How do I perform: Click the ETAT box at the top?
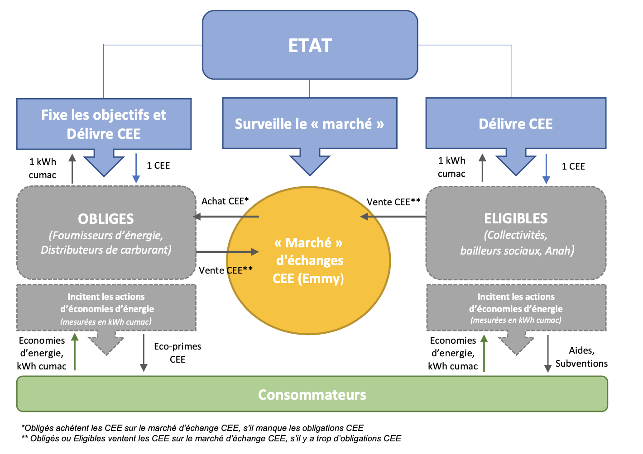[x=310, y=45]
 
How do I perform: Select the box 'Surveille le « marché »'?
[x=309, y=123]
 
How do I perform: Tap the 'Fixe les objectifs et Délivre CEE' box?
[x=104, y=124]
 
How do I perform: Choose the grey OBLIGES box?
[x=106, y=232]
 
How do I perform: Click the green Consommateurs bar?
[x=312, y=394]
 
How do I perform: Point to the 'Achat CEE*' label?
[x=225, y=201]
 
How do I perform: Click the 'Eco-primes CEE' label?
[x=178, y=353]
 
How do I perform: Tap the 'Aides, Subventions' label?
[x=581, y=357]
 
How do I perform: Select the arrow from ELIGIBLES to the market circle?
[x=393, y=217]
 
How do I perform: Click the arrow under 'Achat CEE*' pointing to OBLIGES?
[x=226, y=217]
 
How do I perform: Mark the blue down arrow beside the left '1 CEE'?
[x=136, y=168]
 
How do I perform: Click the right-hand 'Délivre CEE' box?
[x=516, y=123]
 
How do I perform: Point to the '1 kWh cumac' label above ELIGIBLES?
[x=451, y=167]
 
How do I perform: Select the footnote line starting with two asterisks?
[x=211, y=438]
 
